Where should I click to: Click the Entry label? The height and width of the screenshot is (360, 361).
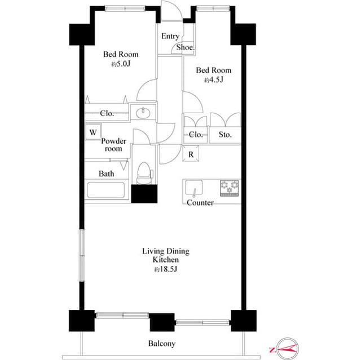tap(170, 36)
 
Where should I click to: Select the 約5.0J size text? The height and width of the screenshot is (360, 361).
tap(120, 65)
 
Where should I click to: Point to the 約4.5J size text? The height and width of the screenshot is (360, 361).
tap(214, 81)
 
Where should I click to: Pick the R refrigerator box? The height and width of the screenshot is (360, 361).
tap(191, 154)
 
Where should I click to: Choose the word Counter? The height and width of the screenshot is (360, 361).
tap(200, 202)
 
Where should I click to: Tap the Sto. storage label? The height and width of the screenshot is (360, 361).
tap(225, 135)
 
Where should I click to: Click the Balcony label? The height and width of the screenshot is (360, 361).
tap(162, 344)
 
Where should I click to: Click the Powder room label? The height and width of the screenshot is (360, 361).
tap(113, 145)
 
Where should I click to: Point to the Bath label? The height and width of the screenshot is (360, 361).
tap(106, 174)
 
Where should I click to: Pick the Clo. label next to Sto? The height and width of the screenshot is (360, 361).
tap(196, 135)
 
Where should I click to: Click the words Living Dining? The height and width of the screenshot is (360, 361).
tap(165, 251)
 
